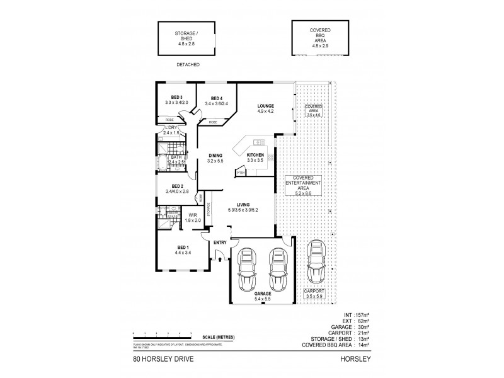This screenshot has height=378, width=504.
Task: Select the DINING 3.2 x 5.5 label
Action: click(x=215, y=159)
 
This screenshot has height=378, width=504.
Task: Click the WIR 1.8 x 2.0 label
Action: click(x=193, y=219)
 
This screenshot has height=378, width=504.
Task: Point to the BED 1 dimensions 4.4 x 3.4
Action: click(x=183, y=253)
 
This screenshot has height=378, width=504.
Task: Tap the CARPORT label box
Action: click(x=313, y=294)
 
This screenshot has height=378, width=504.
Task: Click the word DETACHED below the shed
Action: click(x=188, y=65)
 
